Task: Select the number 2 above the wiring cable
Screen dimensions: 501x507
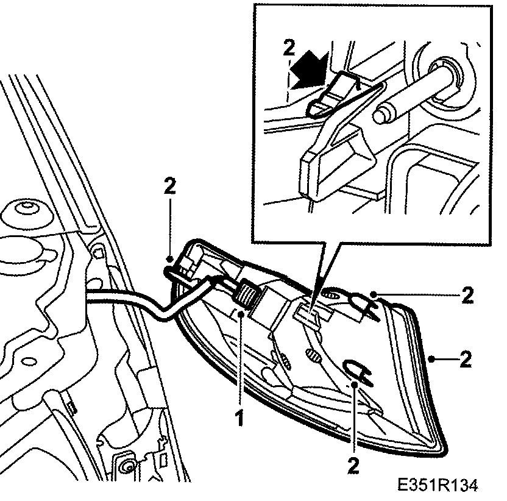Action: (x=169, y=187)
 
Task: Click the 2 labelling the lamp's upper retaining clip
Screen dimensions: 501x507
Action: (x=467, y=296)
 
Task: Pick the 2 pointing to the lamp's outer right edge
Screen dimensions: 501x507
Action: (x=466, y=358)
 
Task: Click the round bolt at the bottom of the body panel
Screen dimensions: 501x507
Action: (x=127, y=467)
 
